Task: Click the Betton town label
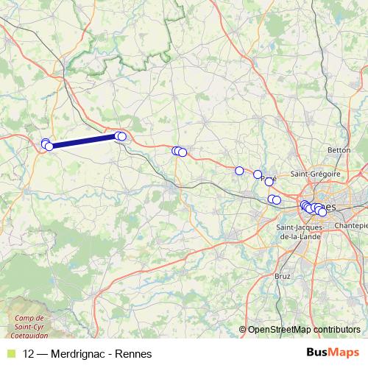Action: point(339,149)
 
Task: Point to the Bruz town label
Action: point(282,275)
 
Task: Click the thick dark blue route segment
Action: point(83,141)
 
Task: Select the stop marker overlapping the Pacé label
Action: point(269,181)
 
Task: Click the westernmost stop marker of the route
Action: point(45,143)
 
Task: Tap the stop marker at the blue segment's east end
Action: point(121,136)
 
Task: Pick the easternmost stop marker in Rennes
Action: point(322,212)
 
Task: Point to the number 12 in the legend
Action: point(29,354)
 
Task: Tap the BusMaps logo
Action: point(332,353)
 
